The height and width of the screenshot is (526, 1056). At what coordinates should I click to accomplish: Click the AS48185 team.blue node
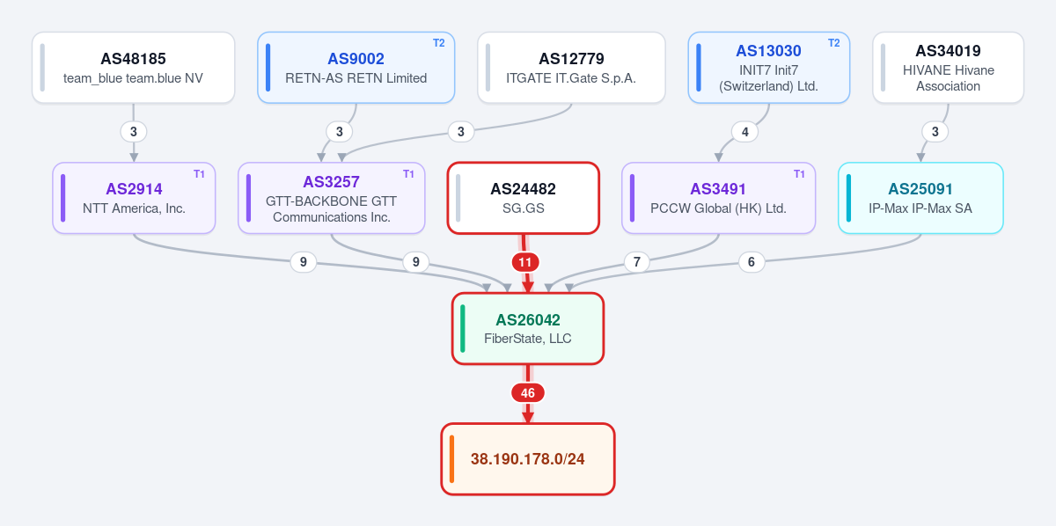coord(134,68)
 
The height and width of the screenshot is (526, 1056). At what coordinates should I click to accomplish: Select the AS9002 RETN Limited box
coord(356,68)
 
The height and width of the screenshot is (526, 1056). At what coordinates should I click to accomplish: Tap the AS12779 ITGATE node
coord(571,68)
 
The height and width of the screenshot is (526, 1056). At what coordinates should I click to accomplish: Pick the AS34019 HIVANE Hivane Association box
coord(948,68)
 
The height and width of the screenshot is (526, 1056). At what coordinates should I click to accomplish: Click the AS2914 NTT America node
coord(134,198)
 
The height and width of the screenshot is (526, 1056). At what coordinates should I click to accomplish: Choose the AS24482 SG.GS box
coord(524,198)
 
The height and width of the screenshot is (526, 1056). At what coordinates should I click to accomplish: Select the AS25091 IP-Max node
coord(920,198)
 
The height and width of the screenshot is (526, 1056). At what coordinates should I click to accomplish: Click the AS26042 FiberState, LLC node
coord(528,328)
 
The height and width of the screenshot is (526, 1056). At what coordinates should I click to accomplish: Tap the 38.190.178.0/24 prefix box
coord(528,459)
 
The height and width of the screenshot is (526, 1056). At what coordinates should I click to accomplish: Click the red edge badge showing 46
coord(528,392)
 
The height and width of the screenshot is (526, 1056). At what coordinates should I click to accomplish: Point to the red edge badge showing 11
coord(525,262)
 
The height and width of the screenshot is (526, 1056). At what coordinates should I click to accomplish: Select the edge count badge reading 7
coord(637,261)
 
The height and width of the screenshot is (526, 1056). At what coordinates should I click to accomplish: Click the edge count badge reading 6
coord(752,261)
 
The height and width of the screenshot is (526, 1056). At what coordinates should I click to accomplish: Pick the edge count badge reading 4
coord(744,132)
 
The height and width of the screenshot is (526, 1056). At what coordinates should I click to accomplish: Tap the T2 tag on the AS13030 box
coord(834,43)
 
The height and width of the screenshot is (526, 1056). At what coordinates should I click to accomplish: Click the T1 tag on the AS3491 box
coord(799,174)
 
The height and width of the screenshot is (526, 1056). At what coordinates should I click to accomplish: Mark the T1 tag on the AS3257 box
coord(408,174)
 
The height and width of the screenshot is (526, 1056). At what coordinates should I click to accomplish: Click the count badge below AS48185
coord(134,132)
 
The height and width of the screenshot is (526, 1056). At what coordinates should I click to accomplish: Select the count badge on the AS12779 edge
coord(461,132)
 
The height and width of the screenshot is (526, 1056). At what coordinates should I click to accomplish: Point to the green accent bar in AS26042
coord(463,328)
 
